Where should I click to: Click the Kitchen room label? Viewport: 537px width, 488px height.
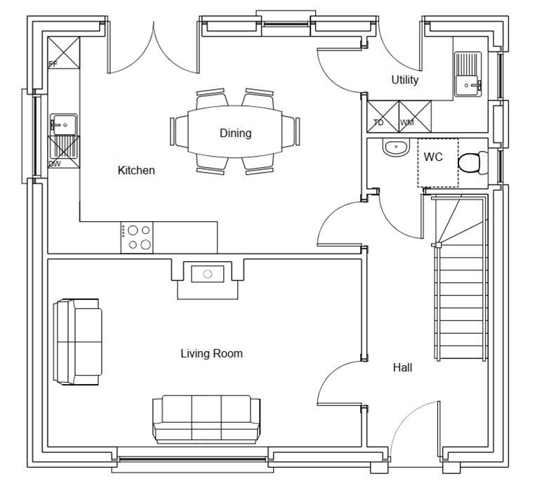point(136,170)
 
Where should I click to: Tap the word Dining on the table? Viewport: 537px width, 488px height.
point(236,133)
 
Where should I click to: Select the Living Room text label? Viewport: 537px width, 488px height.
point(212,353)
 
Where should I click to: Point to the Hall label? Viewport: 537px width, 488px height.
point(402,368)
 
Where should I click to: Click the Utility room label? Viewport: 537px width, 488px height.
point(405,80)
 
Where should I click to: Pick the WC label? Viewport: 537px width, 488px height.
point(433,157)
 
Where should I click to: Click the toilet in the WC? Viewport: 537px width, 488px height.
point(473,163)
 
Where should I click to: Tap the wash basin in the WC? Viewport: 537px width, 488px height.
point(396,147)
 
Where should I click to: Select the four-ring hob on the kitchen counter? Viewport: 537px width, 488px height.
point(137,237)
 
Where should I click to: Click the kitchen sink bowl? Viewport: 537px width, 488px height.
point(64,125)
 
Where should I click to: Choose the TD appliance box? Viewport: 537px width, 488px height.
point(383,117)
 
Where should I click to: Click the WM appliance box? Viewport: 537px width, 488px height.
point(415,117)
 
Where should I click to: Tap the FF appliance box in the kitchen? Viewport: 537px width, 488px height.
point(64,53)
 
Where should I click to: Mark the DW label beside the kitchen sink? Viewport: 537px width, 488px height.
point(55,164)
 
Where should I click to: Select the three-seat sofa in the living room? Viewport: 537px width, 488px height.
point(206,419)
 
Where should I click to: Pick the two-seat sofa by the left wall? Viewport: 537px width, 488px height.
point(78,342)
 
